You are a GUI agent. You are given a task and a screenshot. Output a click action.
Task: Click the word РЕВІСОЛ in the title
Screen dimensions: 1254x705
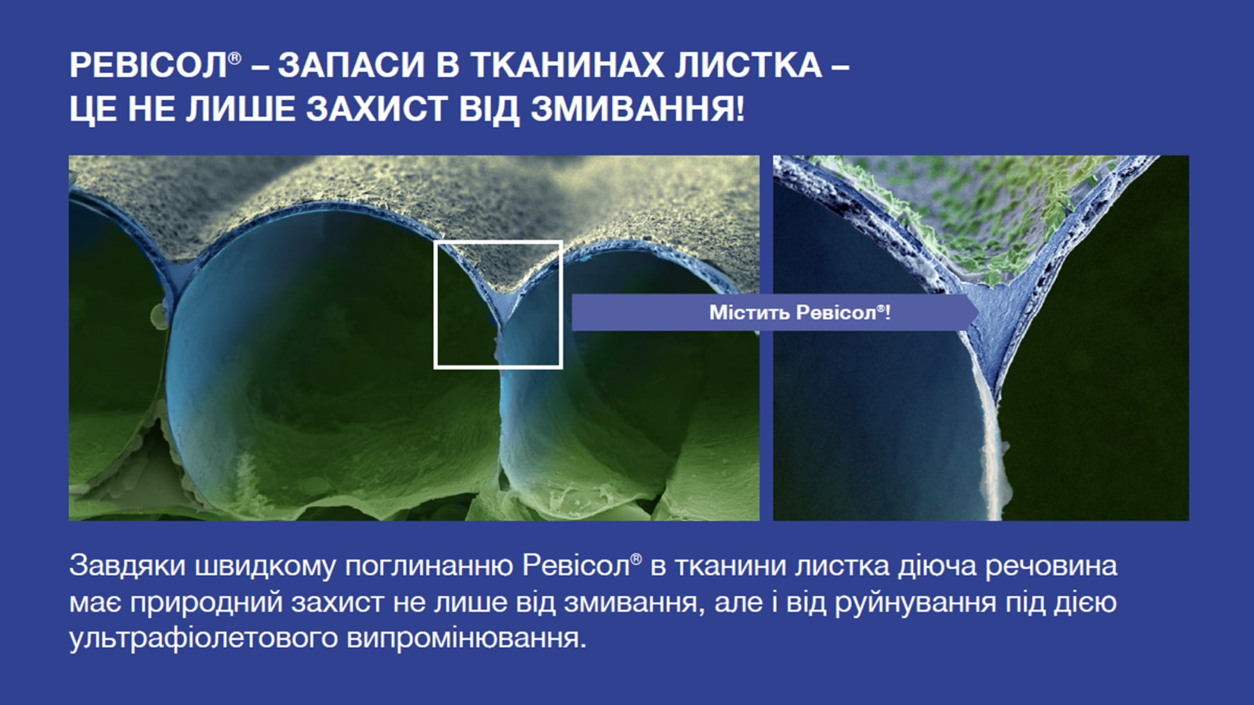pyautogui.click(x=148, y=65)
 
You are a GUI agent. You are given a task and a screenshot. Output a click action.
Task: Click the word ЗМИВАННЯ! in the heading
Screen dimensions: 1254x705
pyautogui.click(x=638, y=109)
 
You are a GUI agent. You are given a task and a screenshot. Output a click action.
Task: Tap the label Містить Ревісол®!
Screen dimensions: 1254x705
pyautogui.click(x=799, y=312)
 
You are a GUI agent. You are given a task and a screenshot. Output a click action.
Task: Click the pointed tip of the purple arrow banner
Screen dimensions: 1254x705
pyautogui.click(x=979, y=311)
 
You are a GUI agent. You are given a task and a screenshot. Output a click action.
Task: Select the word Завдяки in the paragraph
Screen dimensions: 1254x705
pyautogui.click(x=127, y=566)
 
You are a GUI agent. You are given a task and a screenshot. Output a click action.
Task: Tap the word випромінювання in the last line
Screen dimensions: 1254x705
pyautogui.click(x=466, y=638)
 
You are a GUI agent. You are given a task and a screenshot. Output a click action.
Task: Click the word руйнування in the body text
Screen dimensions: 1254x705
pyautogui.click(x=915, y=603)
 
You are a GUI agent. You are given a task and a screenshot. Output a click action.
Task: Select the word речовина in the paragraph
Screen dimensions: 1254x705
pyautogui.click(x=1051, y=566)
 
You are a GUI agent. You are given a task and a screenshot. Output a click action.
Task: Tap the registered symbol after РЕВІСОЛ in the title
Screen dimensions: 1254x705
pyautogui.click(x=234, y=58)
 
